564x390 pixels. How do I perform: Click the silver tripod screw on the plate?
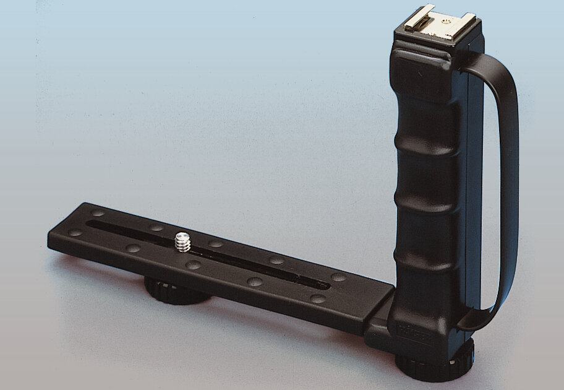coord(182,241)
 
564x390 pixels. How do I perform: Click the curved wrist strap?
coord(508,186)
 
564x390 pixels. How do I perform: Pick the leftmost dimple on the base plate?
coord(75,233)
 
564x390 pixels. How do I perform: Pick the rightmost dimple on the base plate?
coord(338,277)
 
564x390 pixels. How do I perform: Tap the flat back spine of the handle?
coord(474,186)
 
